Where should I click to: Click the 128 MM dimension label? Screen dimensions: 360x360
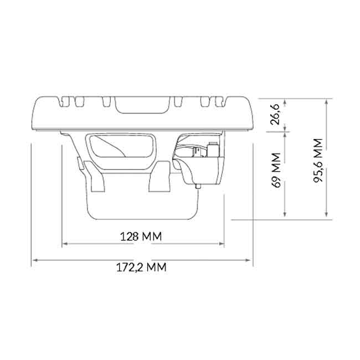pos(141,236)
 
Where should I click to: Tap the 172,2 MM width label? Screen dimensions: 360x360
pos(141,268)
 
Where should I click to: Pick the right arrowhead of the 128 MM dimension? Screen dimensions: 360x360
pos(224,243)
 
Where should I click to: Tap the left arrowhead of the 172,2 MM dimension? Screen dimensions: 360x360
pos(33,259)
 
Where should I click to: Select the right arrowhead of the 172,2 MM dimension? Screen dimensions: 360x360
pos(251,259)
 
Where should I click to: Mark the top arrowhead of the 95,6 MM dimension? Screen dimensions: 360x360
pos(327,100)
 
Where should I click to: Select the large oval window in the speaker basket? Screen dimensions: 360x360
pos(122,147)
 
